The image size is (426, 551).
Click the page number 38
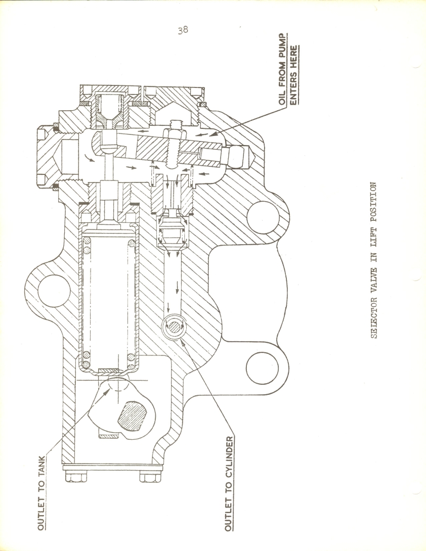tap(183, 30)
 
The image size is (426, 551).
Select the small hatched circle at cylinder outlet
tap(174, 328)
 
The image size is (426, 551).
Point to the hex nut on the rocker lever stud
tap(174, 133)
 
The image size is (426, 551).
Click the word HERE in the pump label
tap(294, 56)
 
